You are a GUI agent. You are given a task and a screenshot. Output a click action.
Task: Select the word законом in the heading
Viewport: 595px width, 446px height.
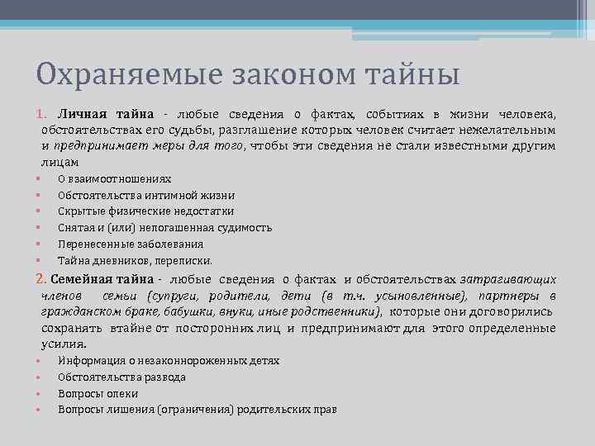274,76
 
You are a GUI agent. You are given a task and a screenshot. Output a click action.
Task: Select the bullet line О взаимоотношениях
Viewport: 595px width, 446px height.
115,178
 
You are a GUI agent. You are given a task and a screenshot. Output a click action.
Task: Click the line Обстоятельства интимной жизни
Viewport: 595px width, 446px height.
146,195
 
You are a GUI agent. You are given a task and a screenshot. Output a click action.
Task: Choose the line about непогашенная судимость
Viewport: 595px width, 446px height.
164,228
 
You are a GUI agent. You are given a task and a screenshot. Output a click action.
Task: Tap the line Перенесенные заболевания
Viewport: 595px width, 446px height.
131,244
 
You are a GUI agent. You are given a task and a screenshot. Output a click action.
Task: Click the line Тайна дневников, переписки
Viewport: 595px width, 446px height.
135,261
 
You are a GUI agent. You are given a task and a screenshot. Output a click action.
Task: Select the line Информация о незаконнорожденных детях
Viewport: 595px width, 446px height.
169,361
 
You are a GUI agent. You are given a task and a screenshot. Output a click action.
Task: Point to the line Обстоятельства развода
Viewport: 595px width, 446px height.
122,377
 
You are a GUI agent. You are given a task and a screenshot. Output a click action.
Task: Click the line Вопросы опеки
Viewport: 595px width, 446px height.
98,394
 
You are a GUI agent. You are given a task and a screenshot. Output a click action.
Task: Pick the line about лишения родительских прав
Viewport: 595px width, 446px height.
198,410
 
